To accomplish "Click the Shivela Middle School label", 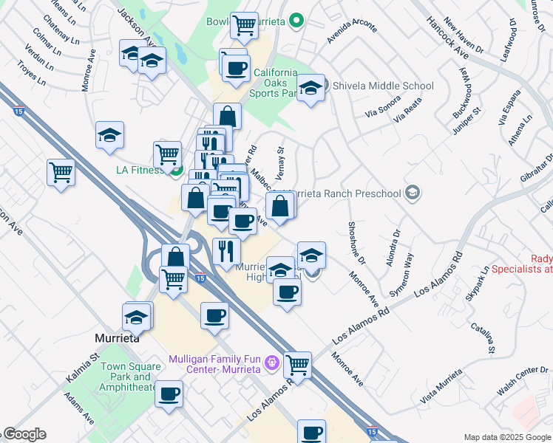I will click(x=383, y=86).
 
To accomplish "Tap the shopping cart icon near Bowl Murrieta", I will click(x=243, y=25).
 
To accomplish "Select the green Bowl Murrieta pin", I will click(x=296, y=21).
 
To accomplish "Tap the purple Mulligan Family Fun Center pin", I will click(x=272, y=363).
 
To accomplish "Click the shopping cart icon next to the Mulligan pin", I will click(x=297, y=363).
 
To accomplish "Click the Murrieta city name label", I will click(x=117, y=338).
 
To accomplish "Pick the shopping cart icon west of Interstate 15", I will click(x=61, y=173).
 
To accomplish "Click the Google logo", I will click(x=24, y=434).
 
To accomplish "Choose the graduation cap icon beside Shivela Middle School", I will click(x=311, y=89).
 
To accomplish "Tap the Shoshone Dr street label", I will click(x=356, y=242).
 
